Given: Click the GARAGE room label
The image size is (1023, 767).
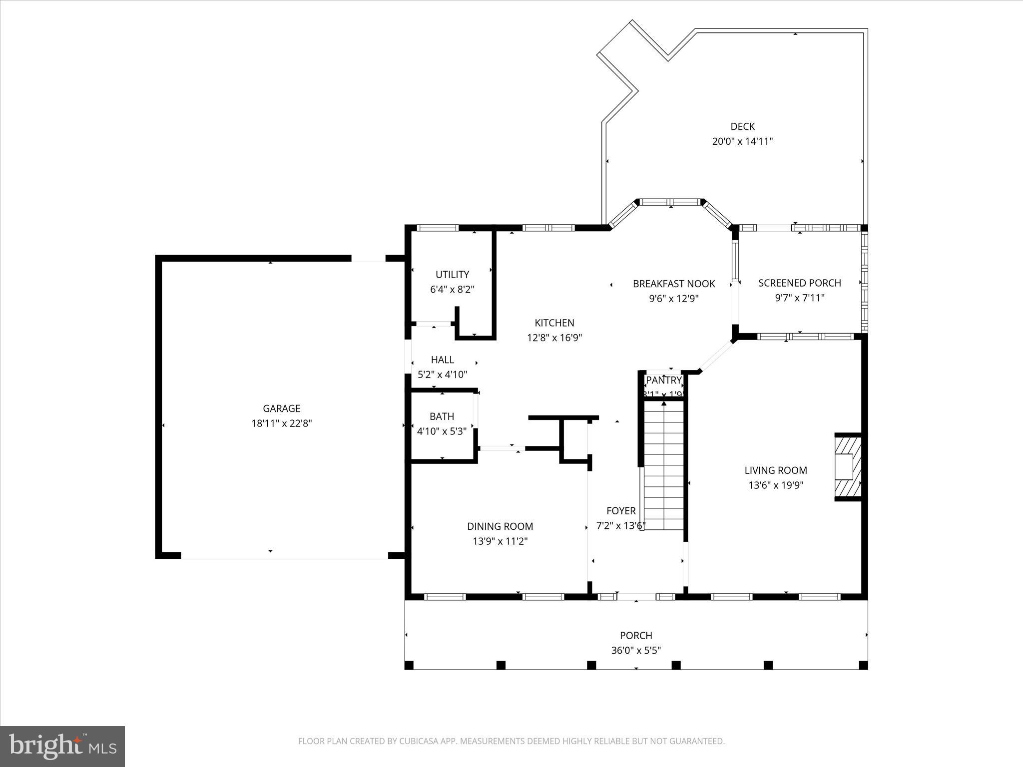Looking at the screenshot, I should click(281, 408).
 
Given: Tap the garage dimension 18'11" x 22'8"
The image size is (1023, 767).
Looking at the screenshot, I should click(281, 423).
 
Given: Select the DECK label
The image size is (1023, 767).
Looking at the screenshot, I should click(742, 127).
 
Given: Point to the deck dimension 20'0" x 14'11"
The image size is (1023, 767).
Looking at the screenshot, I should click(742, 141).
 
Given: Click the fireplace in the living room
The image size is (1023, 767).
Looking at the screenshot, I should click(848, 467).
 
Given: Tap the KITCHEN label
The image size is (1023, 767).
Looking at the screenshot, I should click(554, 323).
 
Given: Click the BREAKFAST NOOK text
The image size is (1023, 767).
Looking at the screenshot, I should click(674, 284).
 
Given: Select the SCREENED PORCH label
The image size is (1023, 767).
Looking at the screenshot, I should click(800, 283).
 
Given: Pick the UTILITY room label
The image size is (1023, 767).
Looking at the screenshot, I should click(452, 275).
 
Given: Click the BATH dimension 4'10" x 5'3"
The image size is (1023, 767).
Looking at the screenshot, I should click(442, 431).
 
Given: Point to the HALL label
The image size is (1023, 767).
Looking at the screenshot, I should click(442, 360).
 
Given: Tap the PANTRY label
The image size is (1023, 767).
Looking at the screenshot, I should click(663, 381).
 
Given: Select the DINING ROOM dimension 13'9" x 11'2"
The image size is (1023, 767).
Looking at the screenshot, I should click(500, 541).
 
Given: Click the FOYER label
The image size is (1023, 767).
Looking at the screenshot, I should click(621, 511).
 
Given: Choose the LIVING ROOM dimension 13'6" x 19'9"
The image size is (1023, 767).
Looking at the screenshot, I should click(776, 485).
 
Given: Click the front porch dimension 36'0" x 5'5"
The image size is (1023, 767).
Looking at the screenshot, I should click(636, 650).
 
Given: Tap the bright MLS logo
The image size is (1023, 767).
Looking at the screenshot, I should click(62, 747).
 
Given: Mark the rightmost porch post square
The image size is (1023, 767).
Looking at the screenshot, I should click(863, 665).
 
